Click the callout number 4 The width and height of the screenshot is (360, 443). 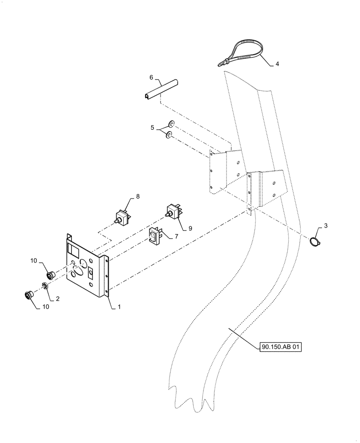coord(277,64)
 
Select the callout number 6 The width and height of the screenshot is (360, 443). coord(151,78)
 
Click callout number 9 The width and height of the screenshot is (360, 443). coord(190,228)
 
